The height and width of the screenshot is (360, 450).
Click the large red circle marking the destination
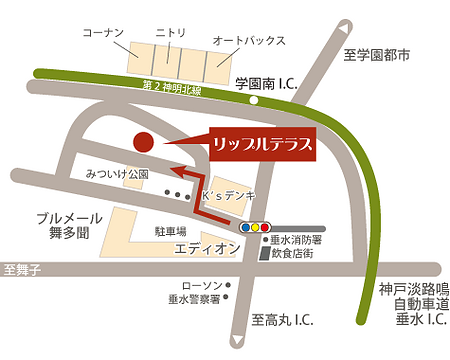[x=144, y=142]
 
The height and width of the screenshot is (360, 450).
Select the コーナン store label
[x=104, y=32]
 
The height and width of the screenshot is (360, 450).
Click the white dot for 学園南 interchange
[x=255, y=101]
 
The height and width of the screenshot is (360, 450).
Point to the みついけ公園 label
[x=117, y=174]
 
